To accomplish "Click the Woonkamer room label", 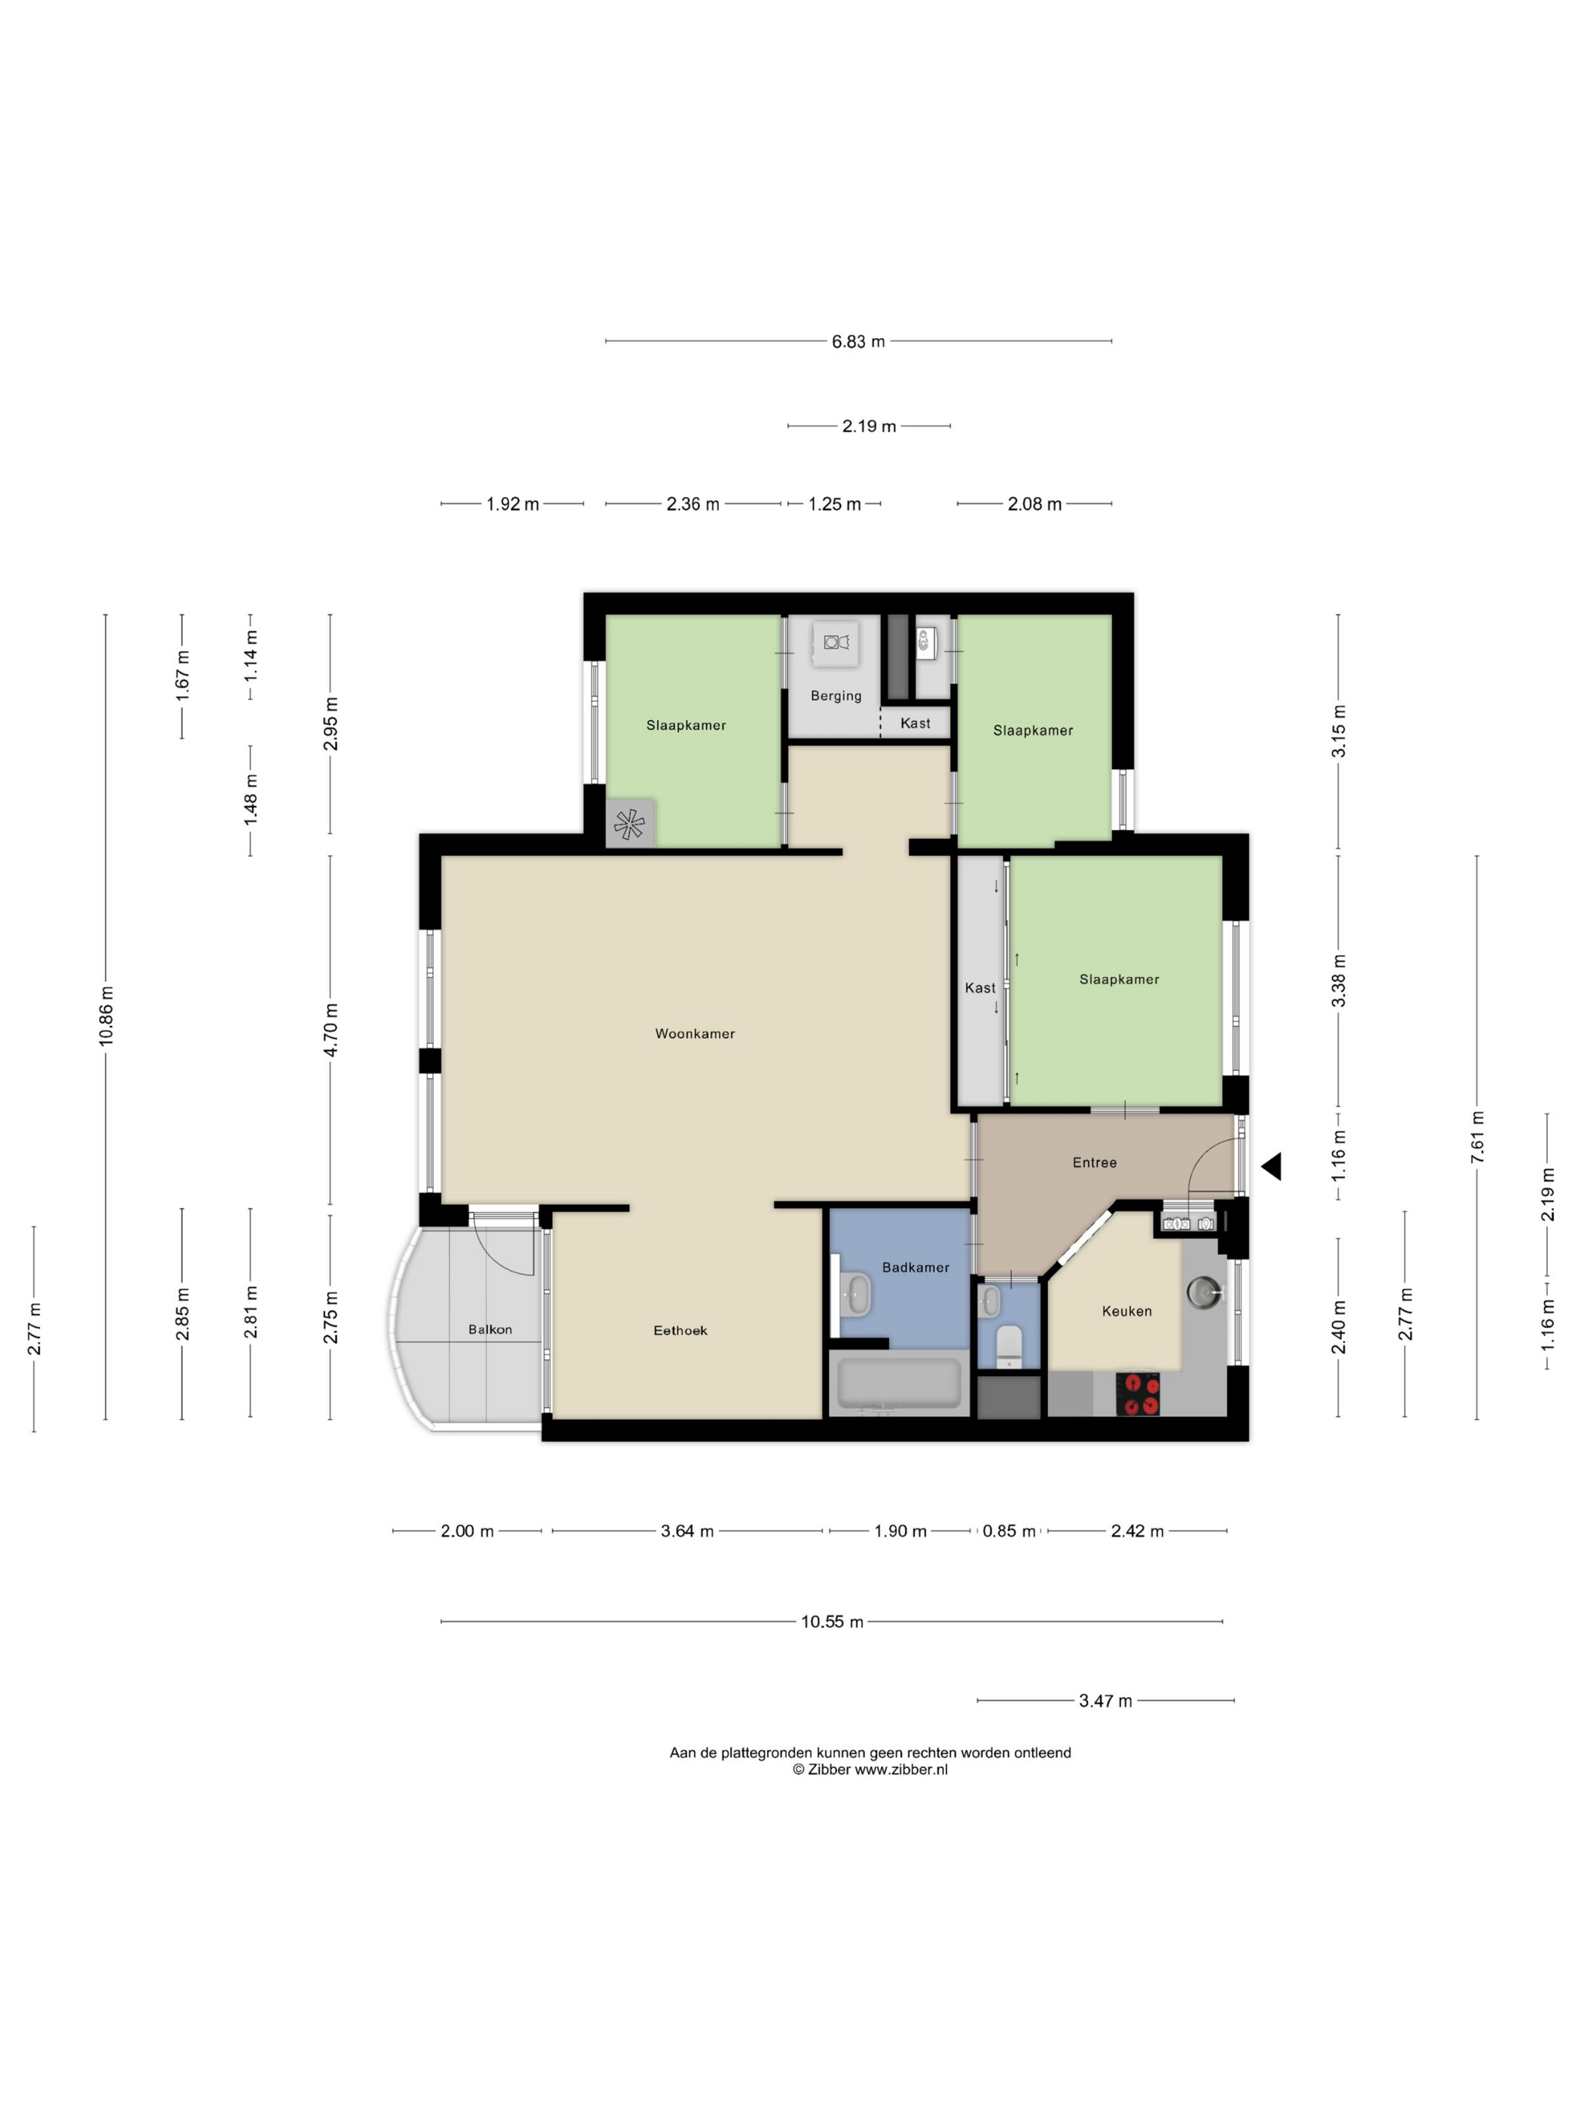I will [695, 1033].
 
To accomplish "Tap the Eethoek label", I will [680, 1330].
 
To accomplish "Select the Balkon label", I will [490, 1329].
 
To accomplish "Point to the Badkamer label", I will [915, 1267].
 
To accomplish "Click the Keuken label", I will [1126, 1311].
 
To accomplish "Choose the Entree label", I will [1094, 1162].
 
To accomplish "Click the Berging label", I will [836, 696].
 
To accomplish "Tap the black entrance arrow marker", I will [1272, 1166].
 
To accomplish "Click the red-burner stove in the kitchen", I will [1139, 1394].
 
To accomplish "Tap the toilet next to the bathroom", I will [1008, 1345].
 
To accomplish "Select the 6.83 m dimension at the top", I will [858, 341].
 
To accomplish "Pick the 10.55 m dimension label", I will [832, 1622].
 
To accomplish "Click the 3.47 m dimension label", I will [1105, 1701].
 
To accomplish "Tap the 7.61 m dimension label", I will [1477, 1137].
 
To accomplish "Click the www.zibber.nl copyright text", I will [870, 1769].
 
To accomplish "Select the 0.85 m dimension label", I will [1008, 1531].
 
